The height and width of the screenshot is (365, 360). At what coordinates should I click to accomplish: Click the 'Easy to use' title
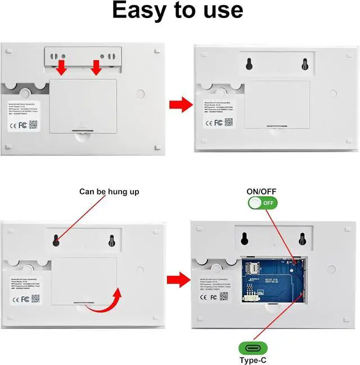(177, 11)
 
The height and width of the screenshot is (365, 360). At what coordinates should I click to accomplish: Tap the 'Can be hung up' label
(109, 192)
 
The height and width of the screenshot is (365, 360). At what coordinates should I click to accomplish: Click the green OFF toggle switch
(262, 203)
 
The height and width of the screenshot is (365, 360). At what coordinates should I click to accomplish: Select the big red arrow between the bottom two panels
(178, 278)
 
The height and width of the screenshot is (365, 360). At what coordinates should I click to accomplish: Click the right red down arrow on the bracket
(96, 68)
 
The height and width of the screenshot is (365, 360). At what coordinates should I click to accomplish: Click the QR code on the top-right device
(228, 122)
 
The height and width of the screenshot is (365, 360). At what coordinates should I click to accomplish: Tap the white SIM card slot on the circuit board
(253, 265)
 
